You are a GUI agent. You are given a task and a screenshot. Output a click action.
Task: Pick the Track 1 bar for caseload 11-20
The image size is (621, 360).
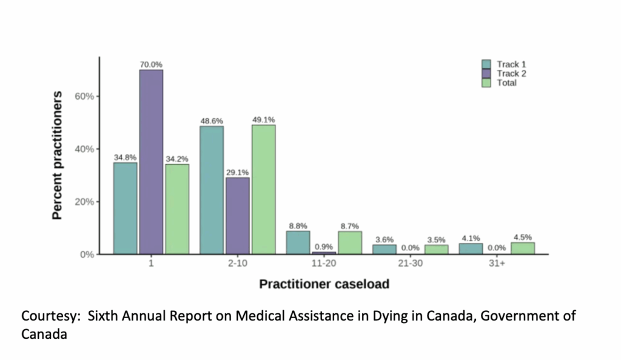pos(298,242)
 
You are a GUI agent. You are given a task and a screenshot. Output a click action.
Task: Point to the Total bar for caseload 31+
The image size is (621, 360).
pos(523,248)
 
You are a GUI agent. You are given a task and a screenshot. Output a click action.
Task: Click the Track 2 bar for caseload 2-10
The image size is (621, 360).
pos(238,215)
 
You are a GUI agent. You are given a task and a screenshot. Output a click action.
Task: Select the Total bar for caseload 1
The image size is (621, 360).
pos(177,209)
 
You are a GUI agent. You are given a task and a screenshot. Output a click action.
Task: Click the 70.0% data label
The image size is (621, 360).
pos(151,64)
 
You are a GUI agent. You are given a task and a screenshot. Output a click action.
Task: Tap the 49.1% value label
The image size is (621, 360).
pos(264,119)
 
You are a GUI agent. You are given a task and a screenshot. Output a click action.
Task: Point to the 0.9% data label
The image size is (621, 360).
pos(324,247)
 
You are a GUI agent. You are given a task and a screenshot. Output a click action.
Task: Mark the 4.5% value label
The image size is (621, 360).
pos(523,237)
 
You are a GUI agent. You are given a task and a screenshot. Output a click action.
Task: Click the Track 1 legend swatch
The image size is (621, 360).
pos(486,64)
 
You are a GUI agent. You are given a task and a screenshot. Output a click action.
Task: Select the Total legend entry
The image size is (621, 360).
pos(506,82)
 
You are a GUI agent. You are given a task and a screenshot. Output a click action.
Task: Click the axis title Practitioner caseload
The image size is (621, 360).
pos(324,284)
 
